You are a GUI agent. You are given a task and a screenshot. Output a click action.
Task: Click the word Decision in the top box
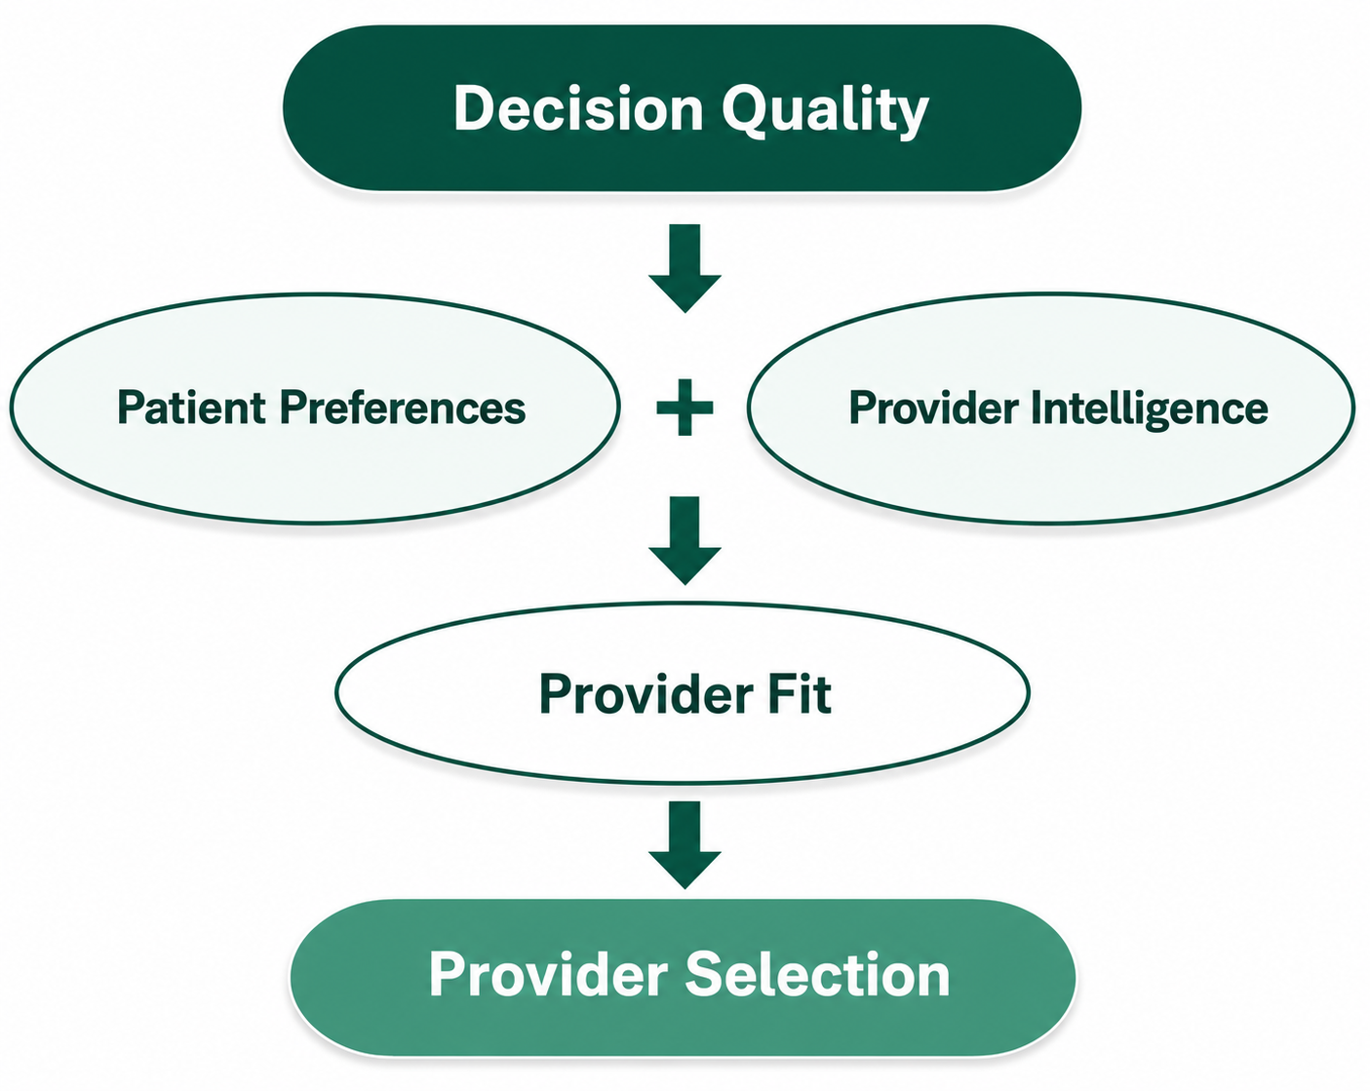[578, 108]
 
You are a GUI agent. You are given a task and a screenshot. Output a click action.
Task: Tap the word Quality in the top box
[825, 112]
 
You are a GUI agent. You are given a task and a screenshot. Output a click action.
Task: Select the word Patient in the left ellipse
[191, 407]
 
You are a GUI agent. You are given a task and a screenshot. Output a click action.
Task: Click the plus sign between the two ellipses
[685, 408]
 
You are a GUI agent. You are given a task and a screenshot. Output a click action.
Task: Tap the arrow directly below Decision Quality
[685, 268]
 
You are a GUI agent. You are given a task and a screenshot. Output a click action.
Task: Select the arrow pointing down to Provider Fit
[685, 540]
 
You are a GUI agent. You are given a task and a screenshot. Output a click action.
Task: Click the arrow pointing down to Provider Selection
[685, 844]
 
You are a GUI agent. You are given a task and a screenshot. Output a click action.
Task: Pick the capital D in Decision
[476, 108]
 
